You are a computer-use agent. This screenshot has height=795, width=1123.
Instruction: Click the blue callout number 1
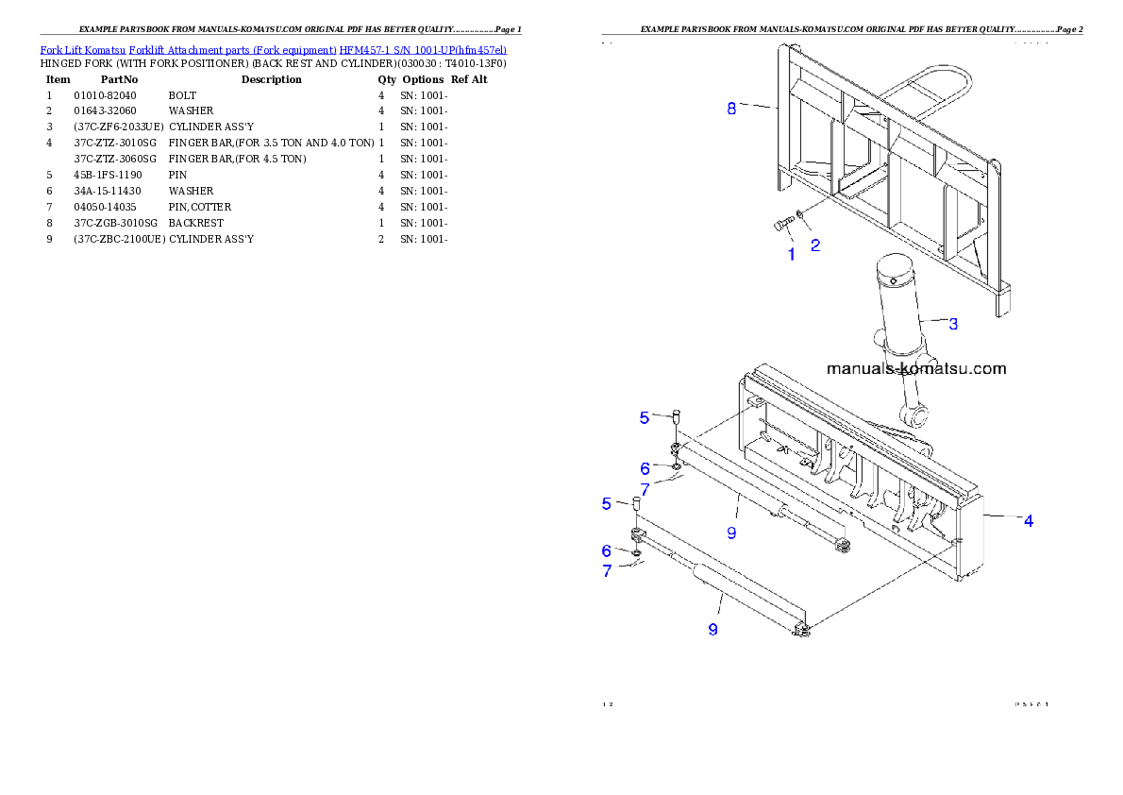(791, 253)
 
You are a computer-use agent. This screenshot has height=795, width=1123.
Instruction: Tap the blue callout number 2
(814, 245)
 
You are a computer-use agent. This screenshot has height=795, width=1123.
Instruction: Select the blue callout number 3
(953, 324)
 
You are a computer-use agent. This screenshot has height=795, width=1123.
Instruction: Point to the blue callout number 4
(1029, 520)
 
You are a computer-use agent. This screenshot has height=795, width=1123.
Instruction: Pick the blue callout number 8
(731, 109)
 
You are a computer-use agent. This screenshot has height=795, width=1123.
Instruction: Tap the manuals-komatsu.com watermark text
(916, 369)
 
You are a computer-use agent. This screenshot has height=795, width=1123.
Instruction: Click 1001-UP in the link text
(429, 49)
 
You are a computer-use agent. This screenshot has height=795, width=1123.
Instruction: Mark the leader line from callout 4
(1002, 517)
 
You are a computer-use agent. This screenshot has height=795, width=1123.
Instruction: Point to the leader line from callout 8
(758, 107)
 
